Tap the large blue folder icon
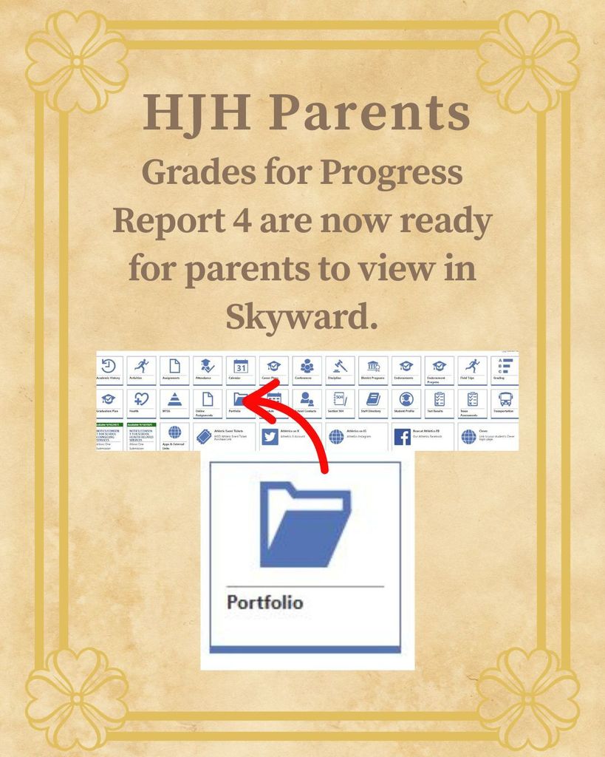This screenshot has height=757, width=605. click(x=305, y=525)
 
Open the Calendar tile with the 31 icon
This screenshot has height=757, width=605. click(x=241, y=365)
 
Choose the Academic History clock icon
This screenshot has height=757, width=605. click(x=109, y=365)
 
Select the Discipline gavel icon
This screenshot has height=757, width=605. click(x=341, y=365)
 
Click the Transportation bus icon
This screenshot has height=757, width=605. click(x=506, y=399)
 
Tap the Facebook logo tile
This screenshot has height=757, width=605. click(x=403, y=436)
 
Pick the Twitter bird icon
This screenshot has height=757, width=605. click(x=270, y=436)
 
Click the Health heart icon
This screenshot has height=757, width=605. click(x=141, y=399)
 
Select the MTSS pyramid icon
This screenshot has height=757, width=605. click(x=174, y=399)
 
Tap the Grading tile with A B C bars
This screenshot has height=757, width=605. click(x=506, y=365)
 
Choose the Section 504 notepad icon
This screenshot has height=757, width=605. click(x=341, y=399)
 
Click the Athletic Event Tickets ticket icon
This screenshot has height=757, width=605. click(x=204, y=436)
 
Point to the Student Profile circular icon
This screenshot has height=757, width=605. click(x=406, y=399)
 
